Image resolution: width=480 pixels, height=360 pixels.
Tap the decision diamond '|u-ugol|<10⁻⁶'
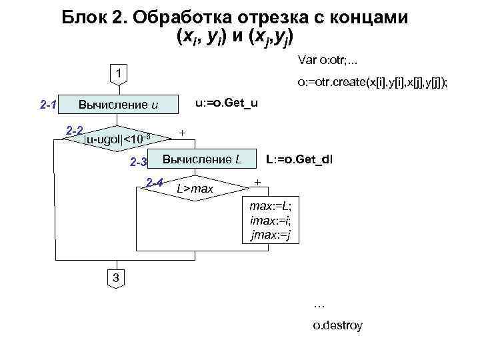[x=121, y=138]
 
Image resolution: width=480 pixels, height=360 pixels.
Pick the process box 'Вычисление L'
[x=202, y=159]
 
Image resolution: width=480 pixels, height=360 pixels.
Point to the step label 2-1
[x=48, y=105]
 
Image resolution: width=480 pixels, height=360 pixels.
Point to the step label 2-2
[x=73, y=129]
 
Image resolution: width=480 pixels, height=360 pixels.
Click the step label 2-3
[x=138, y=161]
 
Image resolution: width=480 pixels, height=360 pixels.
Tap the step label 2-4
[x=155, y=182]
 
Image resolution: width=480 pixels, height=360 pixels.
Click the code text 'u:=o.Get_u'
[x=226, y=103]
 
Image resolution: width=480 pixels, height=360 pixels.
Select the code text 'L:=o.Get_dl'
[x=299, y=160]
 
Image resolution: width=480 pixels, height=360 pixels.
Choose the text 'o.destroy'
[x=337, y=326]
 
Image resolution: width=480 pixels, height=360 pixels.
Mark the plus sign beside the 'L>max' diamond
[x=258, y=182]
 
